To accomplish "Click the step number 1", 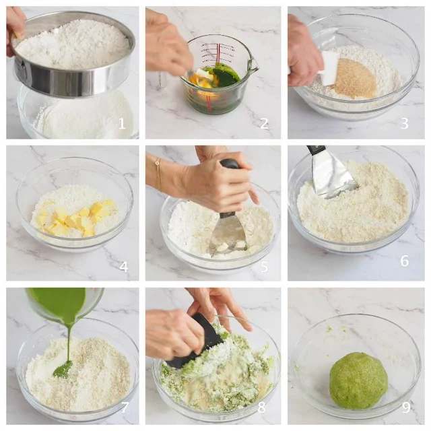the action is click(122, 124).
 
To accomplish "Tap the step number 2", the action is click(264, 124).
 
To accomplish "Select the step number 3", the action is click(404, 124).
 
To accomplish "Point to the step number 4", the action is click(124, 267).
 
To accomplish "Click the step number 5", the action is click(265, 267).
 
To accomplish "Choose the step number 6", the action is click(404, 261).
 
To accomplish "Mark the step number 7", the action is click(125, 407).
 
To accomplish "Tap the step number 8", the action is click(262, 407).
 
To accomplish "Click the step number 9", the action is click(406, 407).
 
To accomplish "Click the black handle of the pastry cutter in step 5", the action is click(230, 165).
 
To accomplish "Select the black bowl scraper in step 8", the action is click(195, 341).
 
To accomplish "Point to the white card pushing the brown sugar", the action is click(329, 67).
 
